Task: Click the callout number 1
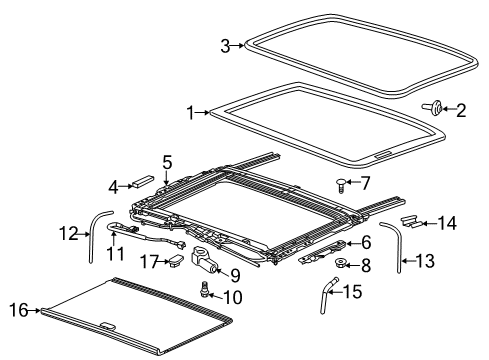point(190,113)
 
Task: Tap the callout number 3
point(225,44)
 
